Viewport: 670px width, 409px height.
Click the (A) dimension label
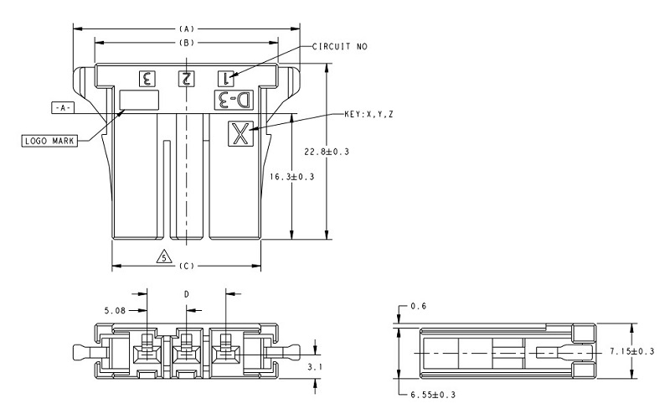coord(187,29)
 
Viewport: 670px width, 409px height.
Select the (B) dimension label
coord(187,43)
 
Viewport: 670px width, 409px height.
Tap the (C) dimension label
coord(187,267)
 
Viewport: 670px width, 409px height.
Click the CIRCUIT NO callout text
coord(340,46)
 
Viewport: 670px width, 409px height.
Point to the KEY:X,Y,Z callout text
coord(368,114)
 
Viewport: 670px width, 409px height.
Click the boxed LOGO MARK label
coord(49,141)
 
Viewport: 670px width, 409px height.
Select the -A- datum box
coord(62,108)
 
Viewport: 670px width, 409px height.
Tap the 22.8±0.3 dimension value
coord(327,152)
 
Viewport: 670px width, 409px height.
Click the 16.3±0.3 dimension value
coord(291,177)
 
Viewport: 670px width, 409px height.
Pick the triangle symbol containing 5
coord(164,256)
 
